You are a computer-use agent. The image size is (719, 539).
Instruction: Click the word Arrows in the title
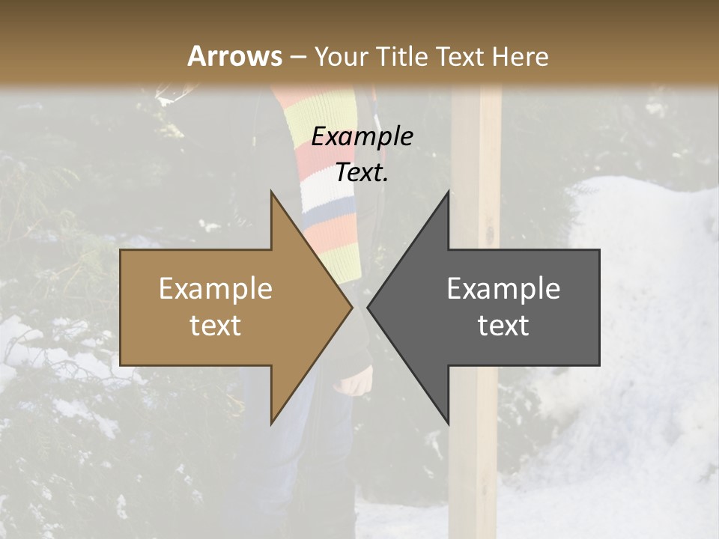pyautogui.click(x=235, y=56)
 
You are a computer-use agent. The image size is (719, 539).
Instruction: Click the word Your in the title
pyautogui.click(x=341, y=57)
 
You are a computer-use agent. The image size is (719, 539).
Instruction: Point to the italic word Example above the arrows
pyautogui.click(x=362, y=136)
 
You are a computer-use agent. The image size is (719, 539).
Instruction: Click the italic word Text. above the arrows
pyautogui.click(x=362, y=173)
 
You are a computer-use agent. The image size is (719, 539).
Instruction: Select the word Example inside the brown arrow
pyautogui.click(x=216, y=288)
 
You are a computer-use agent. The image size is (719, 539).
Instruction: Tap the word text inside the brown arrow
pyautogui.click(x=216, y=326)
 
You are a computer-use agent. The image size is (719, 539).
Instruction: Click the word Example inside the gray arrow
pyautogui.click(x=503, y=288)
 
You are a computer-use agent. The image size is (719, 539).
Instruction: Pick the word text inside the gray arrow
pyautogui.click(x=503, y=326)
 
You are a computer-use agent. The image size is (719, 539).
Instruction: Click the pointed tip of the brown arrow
pyautogui.click(x=352, y=308)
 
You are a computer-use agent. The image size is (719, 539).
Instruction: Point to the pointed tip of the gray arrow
pyautogui.click(x=368, y=308)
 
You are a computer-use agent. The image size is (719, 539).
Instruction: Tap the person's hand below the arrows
pyautogui.click(x=357, y=380)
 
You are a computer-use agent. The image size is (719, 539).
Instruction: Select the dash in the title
pyautogui.click(x=297, y=57)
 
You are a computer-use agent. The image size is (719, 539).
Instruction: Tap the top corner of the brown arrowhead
pyautogui.click(x=271, y=192)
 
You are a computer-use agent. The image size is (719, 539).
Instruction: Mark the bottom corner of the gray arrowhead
pyautogui.click(x=448, y=424)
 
